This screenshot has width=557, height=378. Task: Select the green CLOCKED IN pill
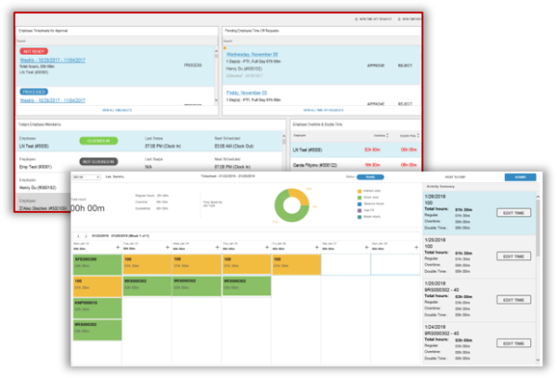coord(98,140)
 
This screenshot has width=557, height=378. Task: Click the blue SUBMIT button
coord(520,177)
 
